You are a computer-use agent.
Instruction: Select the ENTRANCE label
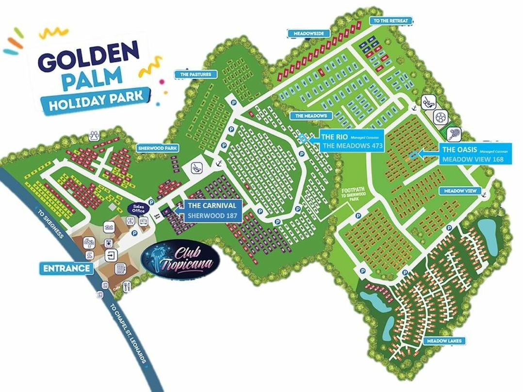coord(66,268)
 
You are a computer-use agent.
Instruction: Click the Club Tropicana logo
coord(180,260)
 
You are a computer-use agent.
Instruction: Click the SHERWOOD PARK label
coord(157,148)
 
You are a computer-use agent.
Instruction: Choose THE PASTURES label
coord(192,74)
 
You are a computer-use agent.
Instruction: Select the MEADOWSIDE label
coord(309,33)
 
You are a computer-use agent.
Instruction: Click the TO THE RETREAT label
coord(391,21)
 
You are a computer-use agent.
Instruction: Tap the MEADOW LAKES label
coord(444,341)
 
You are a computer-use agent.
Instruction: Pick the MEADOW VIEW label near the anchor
coord(460,191)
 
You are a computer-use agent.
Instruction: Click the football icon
coord(440,117)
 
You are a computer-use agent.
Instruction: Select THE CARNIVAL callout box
coord(212,211)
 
